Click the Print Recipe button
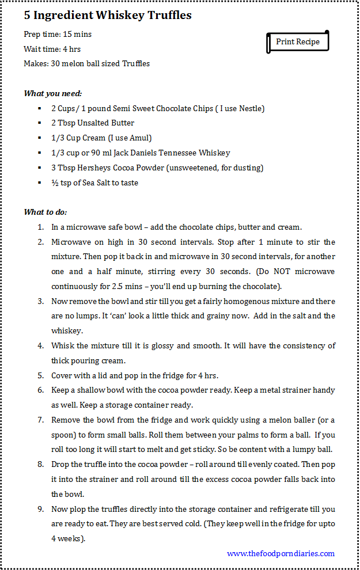[x=297, y=42]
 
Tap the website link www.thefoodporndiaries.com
[x=281, y=553]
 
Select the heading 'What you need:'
[x=52, y=93]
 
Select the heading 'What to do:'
[x=46, y=212]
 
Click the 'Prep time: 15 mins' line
[x=58, y=35]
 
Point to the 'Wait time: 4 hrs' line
[x=52, y=50]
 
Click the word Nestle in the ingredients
[x=251, y=108]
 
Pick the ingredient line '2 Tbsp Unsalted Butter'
[x=93, y=123]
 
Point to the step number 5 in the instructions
[x=41, y=376]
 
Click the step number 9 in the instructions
[x=41, y=510]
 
